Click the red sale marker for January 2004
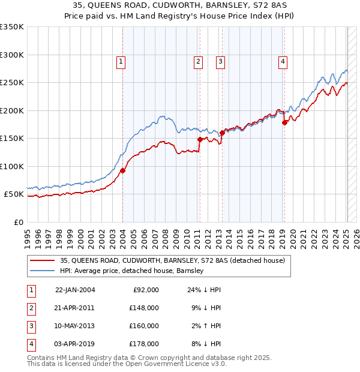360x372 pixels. [122, 170]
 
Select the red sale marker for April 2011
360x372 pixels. [200, 139]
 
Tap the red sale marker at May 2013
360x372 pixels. [221, 133]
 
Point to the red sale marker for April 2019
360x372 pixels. [284, 122]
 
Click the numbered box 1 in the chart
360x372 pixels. [121, 61]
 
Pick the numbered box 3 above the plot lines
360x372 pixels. [220, 61]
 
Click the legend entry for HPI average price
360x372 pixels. [132, 271]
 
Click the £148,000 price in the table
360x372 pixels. [144, 307]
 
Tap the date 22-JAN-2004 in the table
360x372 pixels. [75, 289]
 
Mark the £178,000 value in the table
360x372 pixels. [144, 344]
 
